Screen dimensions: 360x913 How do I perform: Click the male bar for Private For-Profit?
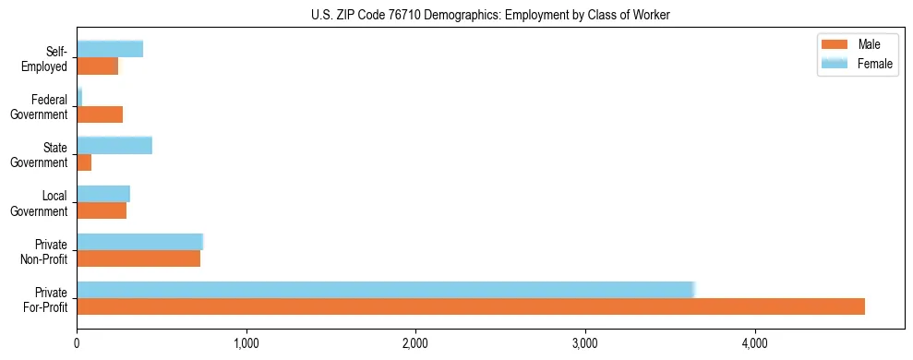pos(471,306)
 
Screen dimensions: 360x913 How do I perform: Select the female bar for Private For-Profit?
pos(385,290)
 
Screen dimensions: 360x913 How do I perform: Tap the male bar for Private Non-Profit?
pos(138,259)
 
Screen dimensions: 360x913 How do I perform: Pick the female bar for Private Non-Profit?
pos(139,242)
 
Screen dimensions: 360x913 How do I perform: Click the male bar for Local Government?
pos(102,210)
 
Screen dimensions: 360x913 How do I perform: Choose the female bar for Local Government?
pos(103,194)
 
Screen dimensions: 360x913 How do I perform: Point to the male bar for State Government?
pos(84,162)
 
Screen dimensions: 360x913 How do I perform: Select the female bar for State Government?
pos(114,146)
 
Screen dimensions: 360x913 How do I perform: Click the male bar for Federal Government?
pos(100,114)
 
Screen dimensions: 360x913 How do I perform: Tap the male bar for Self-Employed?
pos(97,66)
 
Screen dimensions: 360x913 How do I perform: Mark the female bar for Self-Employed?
pos(110,50)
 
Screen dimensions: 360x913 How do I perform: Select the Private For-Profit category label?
pos(45,299)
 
